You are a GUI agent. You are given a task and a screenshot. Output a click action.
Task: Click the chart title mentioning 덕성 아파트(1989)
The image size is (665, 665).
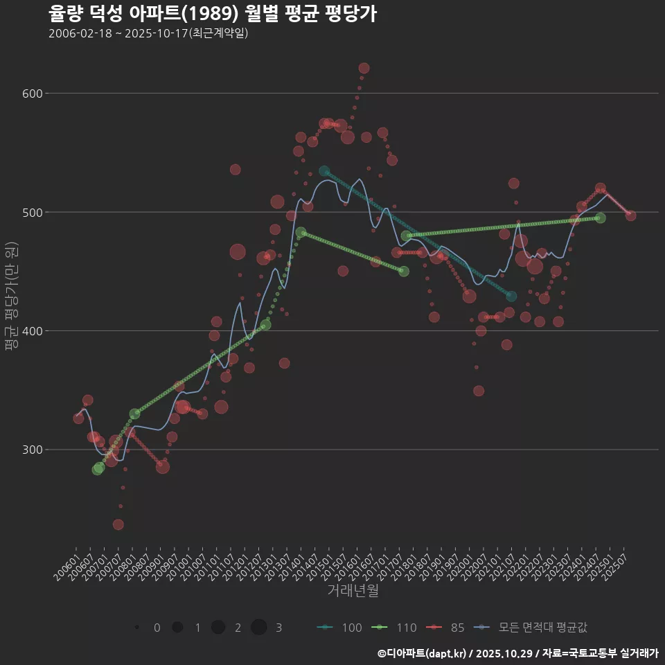(x=213, y=13)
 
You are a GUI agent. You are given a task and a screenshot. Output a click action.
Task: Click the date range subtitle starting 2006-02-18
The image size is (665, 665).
(x=148, y=33)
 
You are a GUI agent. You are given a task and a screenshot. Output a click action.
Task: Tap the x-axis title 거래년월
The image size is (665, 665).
(x=353, y=591)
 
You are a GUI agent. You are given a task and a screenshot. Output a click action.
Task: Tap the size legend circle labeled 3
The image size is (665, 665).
(x=259, y=628)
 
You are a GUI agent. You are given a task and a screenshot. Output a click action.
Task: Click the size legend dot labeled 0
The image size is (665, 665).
(x=137, y=628)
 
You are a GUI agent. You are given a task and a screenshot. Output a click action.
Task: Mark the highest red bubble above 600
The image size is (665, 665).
(x=364, y=68)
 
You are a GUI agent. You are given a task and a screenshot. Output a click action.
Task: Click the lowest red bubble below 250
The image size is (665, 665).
(x=118, y=524)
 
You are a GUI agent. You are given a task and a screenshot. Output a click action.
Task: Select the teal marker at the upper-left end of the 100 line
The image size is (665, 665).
(x=324, y=171)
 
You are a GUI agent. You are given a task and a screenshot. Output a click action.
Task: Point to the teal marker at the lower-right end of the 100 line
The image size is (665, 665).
(x=511, y=296)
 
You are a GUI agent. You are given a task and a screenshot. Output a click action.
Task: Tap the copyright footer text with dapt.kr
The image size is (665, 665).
(x=517, y=653)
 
